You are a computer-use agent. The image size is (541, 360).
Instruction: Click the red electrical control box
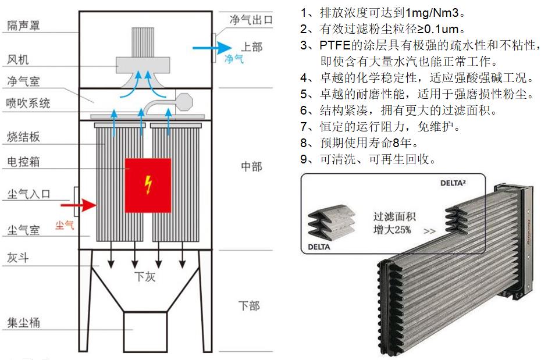148,186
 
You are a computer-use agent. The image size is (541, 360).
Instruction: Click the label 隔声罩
23,25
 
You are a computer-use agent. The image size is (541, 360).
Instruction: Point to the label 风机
17,60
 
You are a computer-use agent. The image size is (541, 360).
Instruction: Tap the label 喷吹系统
29,104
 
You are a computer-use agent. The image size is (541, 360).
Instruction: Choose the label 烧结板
23,137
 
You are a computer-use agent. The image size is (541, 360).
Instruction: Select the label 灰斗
17,258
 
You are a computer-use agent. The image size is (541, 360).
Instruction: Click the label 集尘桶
23,323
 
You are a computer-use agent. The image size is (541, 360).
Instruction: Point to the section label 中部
251,167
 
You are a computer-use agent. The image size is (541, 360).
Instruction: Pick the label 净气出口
251,20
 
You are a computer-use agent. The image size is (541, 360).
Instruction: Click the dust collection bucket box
146,330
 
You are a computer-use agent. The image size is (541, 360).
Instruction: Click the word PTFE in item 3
333,45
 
